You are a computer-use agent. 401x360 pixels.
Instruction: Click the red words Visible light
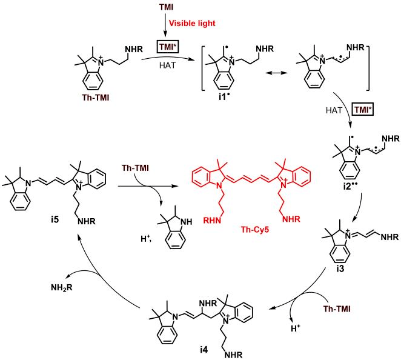[x=192, y=23]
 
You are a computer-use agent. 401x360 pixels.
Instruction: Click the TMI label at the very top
[x=166, y=7]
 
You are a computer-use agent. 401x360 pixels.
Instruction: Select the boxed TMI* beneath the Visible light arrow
[x=168, y=47]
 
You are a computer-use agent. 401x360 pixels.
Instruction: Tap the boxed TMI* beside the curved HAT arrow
[x=363, y=110]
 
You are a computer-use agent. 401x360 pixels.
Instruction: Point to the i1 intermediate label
[x=223, y=97]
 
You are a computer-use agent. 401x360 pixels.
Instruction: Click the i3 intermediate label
[x=340, y=269]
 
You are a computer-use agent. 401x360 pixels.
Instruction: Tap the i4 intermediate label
[x=204, y=350]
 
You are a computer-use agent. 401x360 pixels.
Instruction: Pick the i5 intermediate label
[x=55, y=219]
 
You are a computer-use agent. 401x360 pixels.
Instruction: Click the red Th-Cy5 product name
[x=255, y=230]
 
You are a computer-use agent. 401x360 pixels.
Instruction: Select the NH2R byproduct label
[x=62, y=288]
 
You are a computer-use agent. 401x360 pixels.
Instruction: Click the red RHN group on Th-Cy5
[x=212, y=220]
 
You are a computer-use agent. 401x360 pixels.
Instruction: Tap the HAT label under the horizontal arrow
[x=168, y=65]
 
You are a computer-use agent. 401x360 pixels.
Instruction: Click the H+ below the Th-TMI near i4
[x=296, y=328]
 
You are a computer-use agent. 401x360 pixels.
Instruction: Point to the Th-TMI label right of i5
[x=135, y=168]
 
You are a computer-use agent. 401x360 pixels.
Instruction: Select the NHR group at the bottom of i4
[x=233, y=355]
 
